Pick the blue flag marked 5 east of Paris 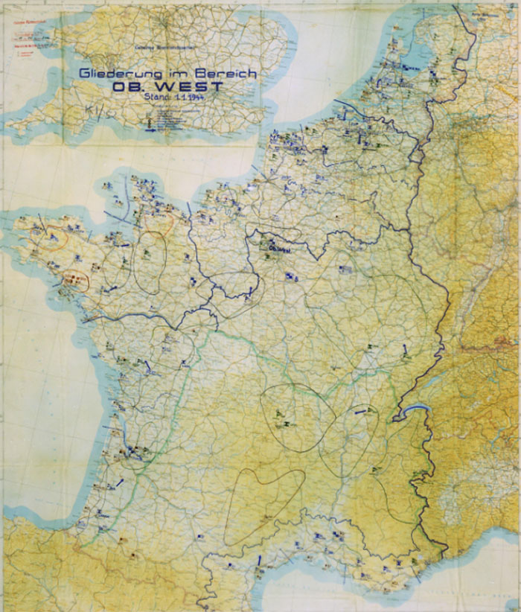tap(290, 277)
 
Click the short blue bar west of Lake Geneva tap(362, 409)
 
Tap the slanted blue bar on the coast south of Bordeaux tap(119, 485)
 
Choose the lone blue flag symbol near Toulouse tap(201, 536)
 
